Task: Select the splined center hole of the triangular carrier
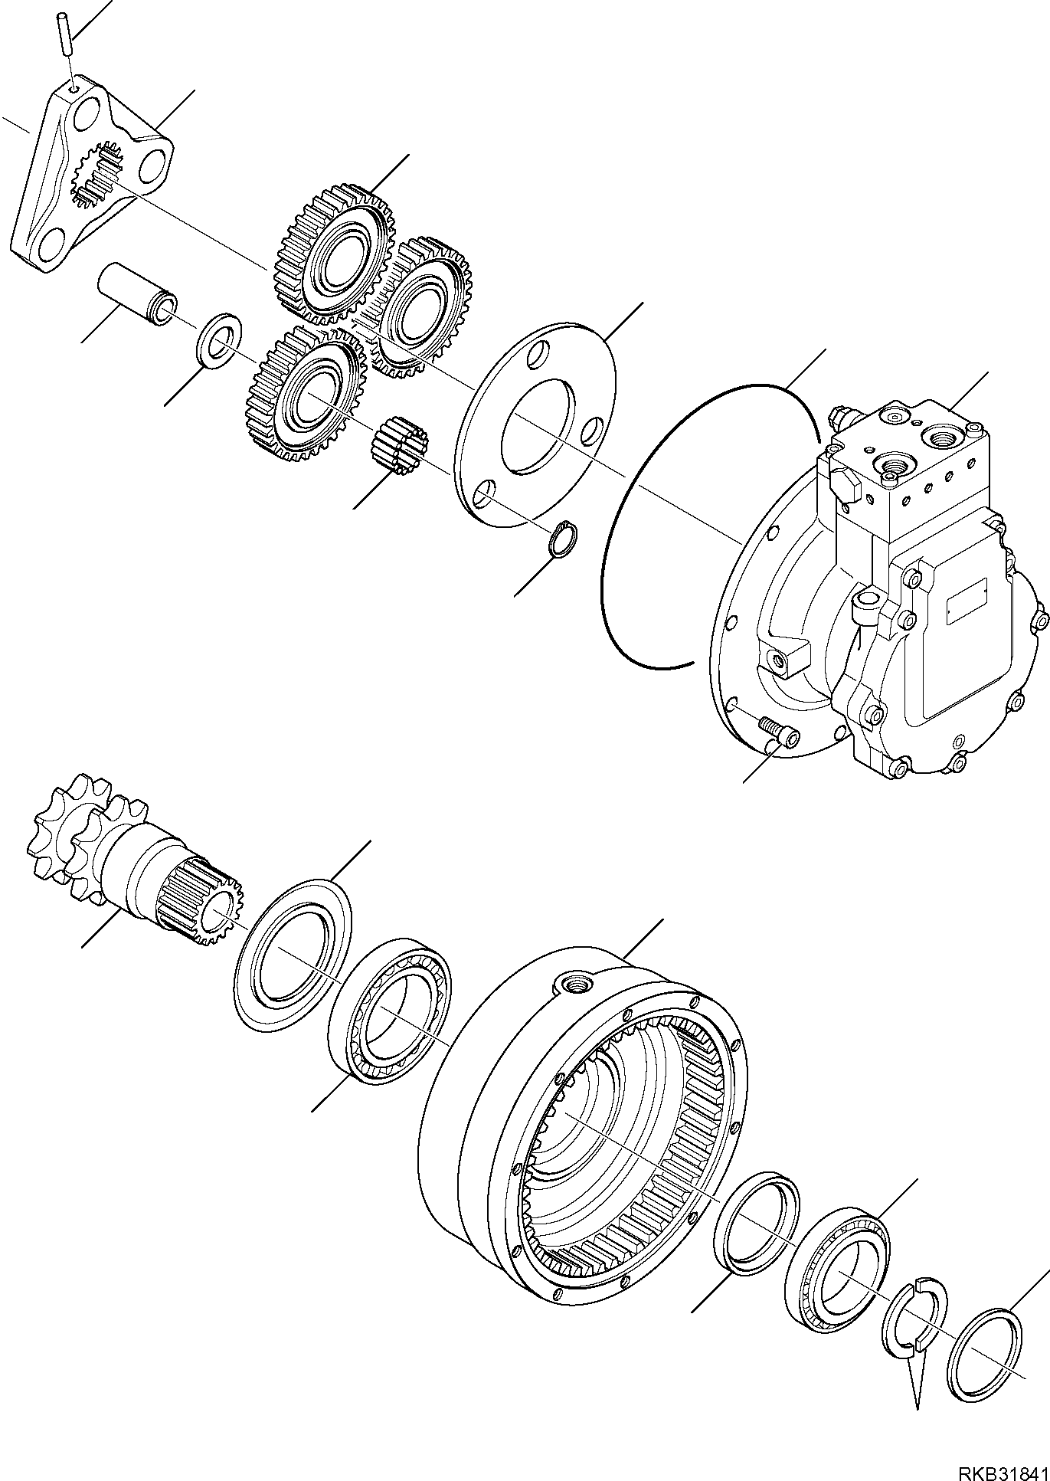(98, 179)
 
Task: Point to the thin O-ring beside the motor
(613, 582)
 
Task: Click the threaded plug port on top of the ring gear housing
(574, 982)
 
